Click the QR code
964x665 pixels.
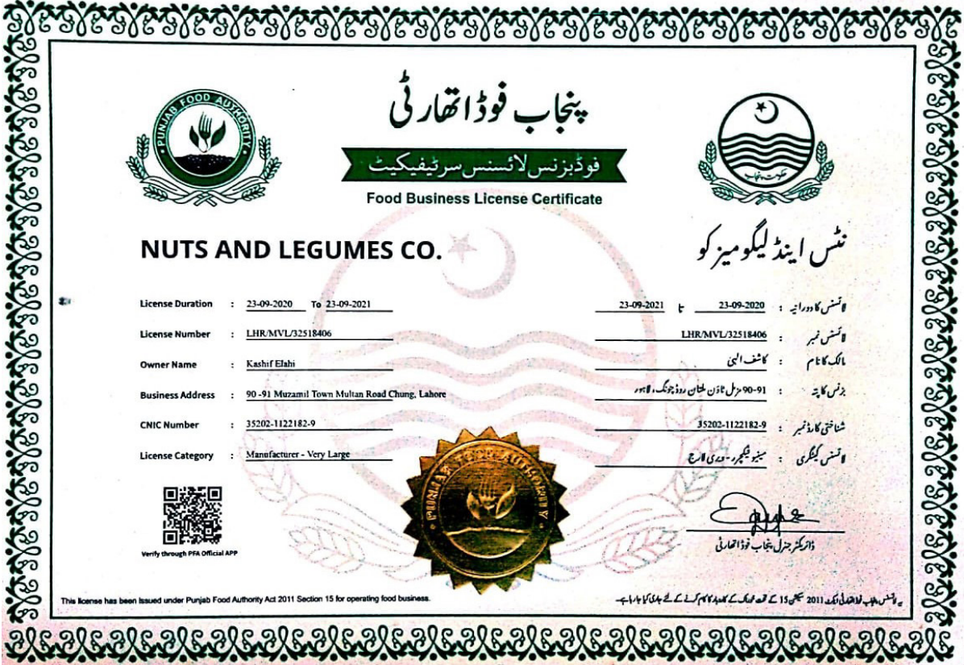192,515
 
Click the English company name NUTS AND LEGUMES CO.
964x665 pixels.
292,250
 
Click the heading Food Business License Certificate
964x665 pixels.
484,198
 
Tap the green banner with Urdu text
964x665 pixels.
484,164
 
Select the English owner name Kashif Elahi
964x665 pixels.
271,364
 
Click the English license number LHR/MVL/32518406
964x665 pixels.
289,334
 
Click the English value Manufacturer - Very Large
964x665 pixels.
298,455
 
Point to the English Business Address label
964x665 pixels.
177,395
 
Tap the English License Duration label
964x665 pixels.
176,304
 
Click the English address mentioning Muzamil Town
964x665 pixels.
346,395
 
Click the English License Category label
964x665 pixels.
177,455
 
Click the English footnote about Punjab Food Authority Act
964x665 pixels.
246,600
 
